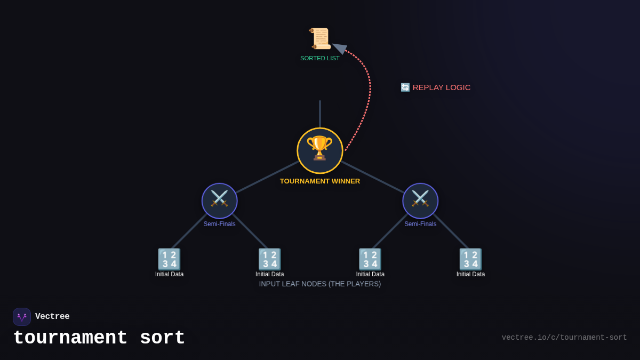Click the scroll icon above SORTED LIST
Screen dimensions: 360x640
[x=320, y=38]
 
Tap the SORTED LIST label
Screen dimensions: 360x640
[x=320, y=58]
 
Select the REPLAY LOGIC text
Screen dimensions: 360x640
[x=442, y=87]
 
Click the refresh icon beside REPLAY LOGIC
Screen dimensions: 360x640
[x=405, y=87]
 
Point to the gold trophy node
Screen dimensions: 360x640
[x=320, y=150]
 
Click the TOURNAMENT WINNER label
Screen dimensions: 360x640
[x=320, y=181]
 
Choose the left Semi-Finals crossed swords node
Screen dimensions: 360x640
[x=219, y=201]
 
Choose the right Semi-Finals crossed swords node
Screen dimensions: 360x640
[x=420, y=201]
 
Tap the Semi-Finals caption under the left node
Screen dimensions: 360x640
[x=219, y=224]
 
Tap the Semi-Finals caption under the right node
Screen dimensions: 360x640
[x=420, y=224]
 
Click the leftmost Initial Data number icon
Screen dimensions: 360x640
[x=169, y=259]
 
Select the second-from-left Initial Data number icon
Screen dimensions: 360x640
[x=269, y=259]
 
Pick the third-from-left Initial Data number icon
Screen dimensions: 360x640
[x=370, y=259]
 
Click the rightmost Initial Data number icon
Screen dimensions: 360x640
[x=470, y=259]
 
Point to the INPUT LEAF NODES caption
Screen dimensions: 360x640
[x=320, y=284]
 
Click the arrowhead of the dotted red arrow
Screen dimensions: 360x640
[x=339, y=48]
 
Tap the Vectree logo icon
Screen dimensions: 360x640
[x=22, y=317]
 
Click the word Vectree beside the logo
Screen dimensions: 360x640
[x=52, y=317]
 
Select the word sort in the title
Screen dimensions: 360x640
[x=162, y=338]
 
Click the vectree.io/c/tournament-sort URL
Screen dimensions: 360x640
[x=564, y=338]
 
